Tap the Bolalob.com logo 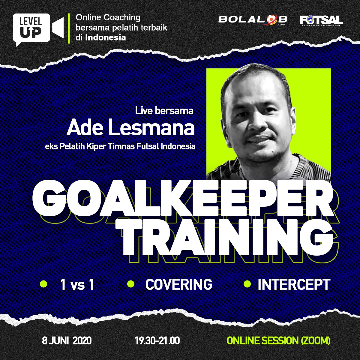[253, 20]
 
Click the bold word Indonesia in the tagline [106, 37]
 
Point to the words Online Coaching [108, 18]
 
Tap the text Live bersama [164, 111]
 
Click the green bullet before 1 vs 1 [44, 284]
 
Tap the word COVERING [179, 284]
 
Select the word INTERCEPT [294, 284]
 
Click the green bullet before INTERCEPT [247, 284]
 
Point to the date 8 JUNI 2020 [67, 340]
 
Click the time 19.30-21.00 [157, 340]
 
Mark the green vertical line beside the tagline [69, 28]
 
